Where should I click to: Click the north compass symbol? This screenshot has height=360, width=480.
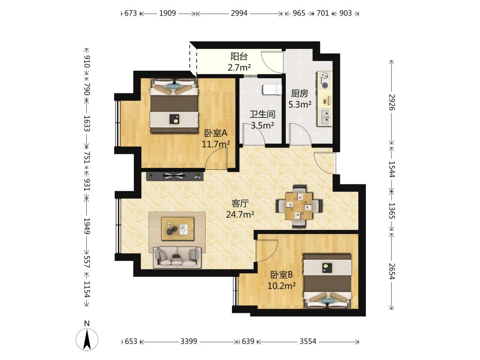pyautogui.click(x=87, y=339)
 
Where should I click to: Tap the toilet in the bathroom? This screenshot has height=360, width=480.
pyautogui.click(x=272, y=90)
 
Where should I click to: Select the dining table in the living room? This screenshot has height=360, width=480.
pyautogui.click(x=299, y=206)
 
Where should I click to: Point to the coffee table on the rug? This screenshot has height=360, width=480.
pyautogui.click(x=178, y=229)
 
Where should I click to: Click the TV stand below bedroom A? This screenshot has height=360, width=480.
pyautogui.click(x=175, y=176)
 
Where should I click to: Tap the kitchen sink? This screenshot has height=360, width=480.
pyautogui.click(x=325, y=117)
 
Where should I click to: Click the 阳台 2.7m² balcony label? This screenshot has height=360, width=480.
pyautogui.click(x=239, y=62)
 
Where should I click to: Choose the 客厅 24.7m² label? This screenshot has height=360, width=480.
pyautogui.click(x=240, y=209)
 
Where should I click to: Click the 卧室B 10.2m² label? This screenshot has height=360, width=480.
pyautogui.click(x=282, y=280)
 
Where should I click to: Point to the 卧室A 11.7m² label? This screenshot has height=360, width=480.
pyautogui.click(x=216, y=138)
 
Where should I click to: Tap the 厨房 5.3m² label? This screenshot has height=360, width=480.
pyautogui.click(x=300, y=99)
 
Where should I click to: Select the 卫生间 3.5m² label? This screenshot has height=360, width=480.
pyautogui.click(x=262, y=120)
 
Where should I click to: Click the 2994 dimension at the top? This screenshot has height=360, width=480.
pyautogui.click(x=239, y=13)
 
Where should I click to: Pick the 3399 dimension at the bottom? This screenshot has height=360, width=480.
pyautogui.click(x=188, y=341)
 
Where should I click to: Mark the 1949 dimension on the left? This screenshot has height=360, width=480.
pyautogui.click(x=87, y=226)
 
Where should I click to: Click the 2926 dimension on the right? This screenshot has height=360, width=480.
pyautogui.click(x=392, y=102)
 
